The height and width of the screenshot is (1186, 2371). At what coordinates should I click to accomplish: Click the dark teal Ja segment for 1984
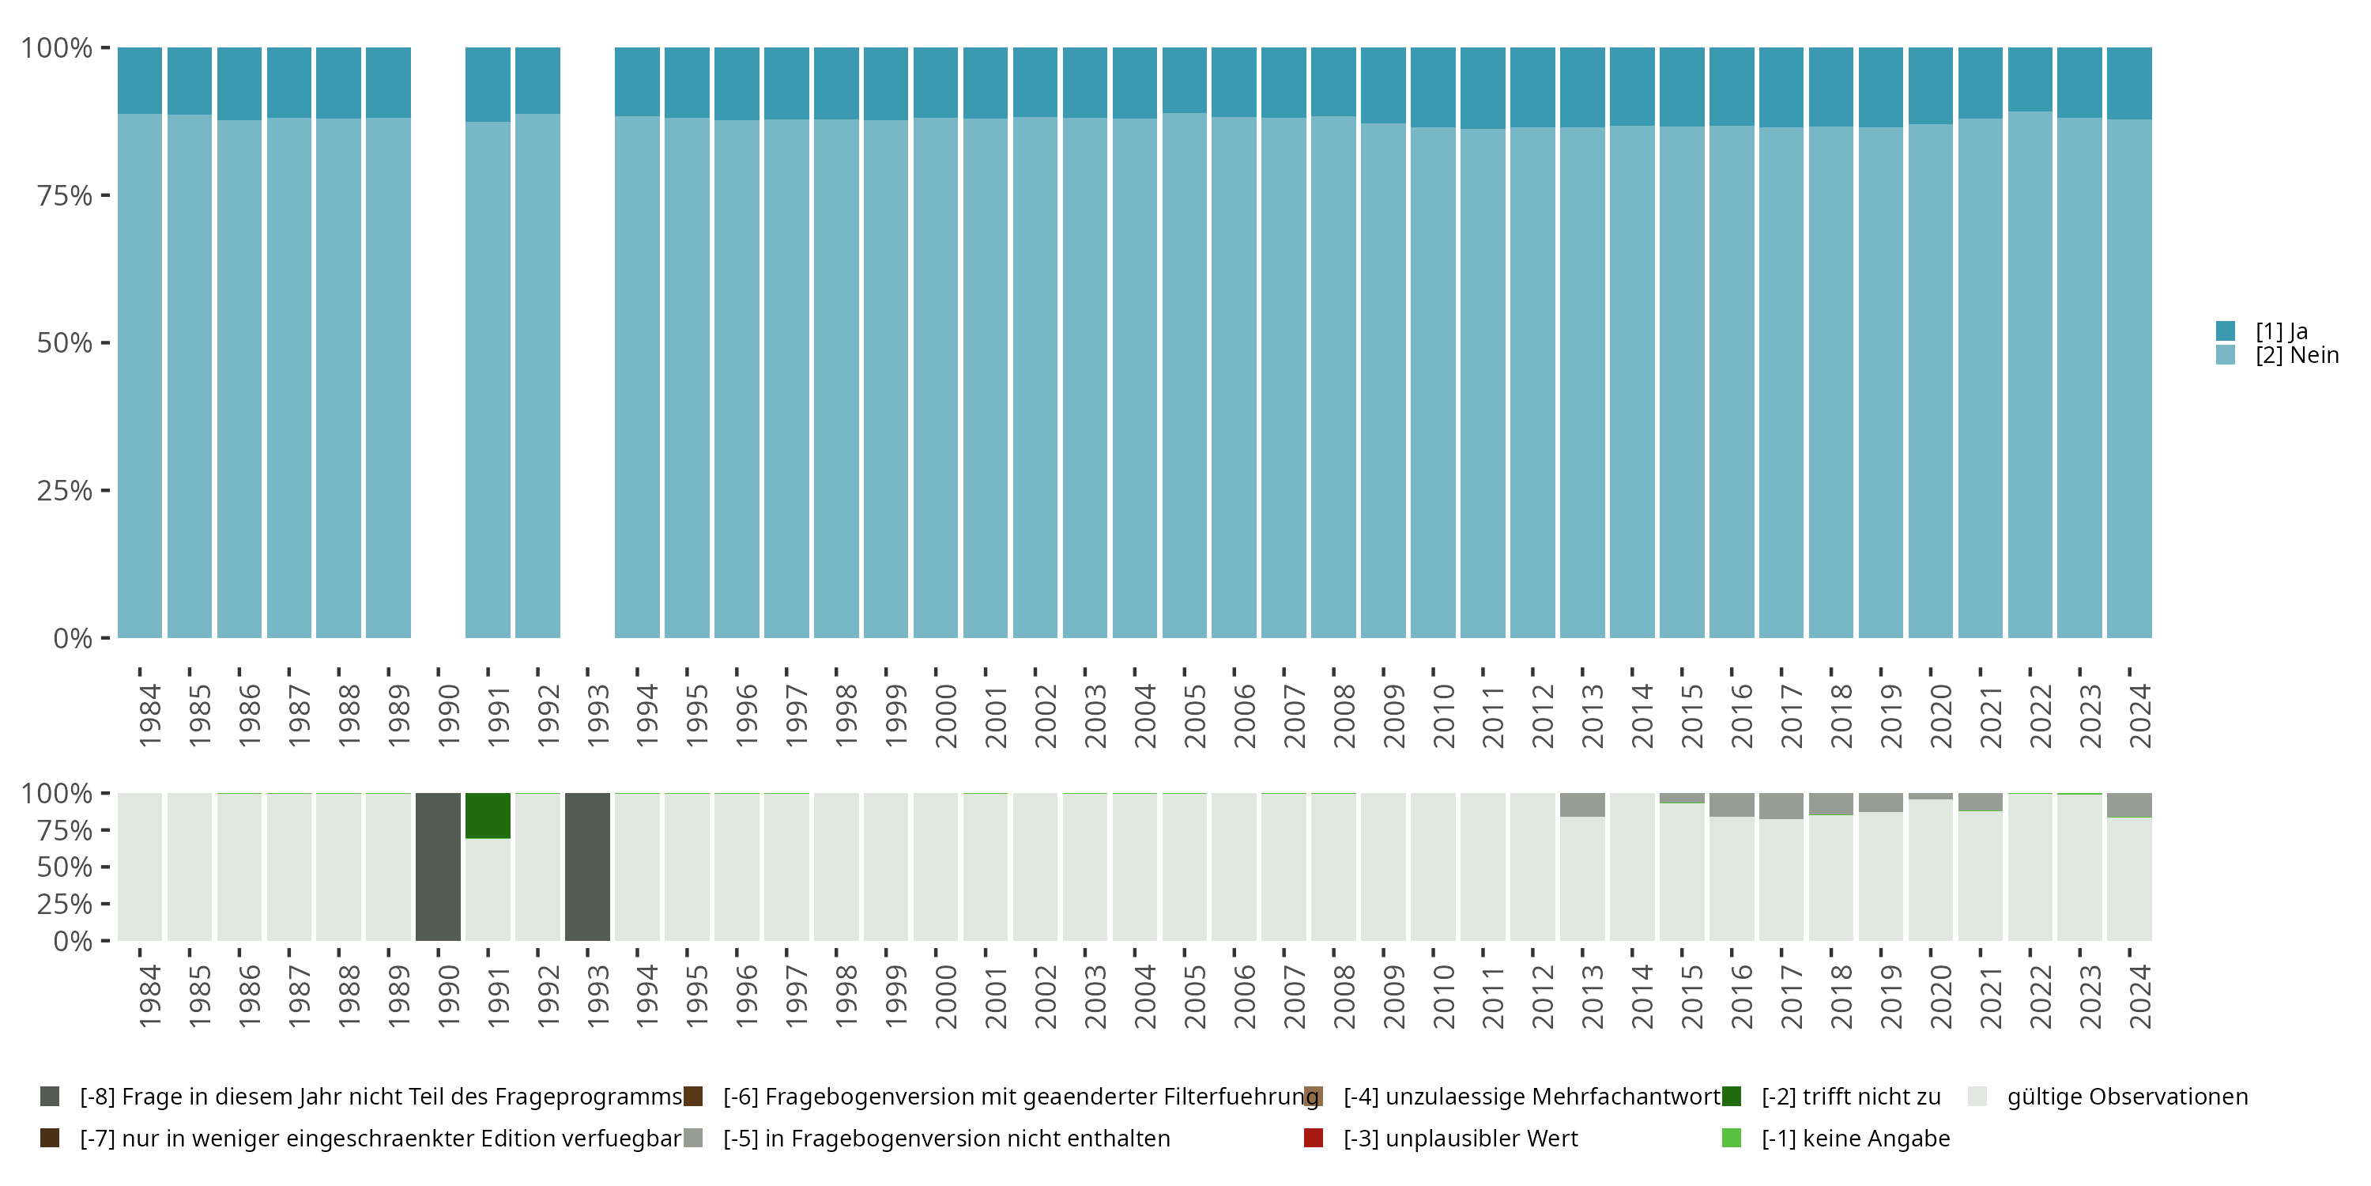pyautogui.click(x=140, y=80)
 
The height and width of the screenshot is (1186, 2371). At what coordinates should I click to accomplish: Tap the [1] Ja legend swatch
pyautogui.click(x=2225, y=330)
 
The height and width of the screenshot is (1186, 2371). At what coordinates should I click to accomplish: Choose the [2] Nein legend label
pyautogui.click(x=2297, y=356)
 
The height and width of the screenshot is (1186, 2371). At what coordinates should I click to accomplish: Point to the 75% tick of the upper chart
pyautogui.click(x=105, y=195)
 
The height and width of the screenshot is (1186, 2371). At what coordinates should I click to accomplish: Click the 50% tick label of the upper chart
pyautogui.click(x=65, y=343)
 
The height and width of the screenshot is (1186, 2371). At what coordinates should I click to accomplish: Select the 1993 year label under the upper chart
pyautogui.click(x=598, y=716)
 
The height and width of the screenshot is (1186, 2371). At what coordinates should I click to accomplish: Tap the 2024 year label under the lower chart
pyautogui.click(x=2141, y=996)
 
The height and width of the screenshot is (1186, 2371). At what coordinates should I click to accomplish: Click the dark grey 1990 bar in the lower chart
pyautogui.click(x=438, y=867)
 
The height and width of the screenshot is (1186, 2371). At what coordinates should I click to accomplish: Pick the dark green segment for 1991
pyautogui.click(x=488, y=815)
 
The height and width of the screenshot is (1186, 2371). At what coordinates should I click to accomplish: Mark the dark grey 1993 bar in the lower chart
pyautogui.click(x=587, y=867)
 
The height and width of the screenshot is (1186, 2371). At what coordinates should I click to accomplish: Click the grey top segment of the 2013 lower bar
pyautogui.click(x=1582, y=804)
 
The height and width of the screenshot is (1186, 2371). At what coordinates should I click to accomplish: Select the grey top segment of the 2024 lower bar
pyautogui.click(x=2129, y=805)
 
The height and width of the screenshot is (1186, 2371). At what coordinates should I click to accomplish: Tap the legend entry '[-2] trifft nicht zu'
pyautogui.click(x=1850, y=1097)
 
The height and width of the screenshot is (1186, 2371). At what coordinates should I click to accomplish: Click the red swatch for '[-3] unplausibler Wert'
pyautogui.click(x=1314, y=1138)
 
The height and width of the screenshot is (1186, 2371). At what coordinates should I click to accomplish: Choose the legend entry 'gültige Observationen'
pyautogui.click(x=2126, y=1097)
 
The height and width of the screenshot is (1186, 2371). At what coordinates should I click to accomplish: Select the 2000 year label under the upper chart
pyautogui.click(x=946, y=716)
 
